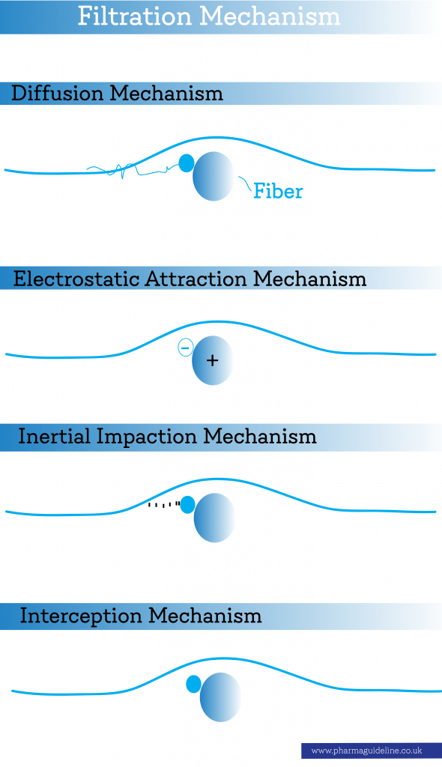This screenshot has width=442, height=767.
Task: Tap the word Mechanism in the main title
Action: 270,16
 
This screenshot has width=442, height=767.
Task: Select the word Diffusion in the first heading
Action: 57,93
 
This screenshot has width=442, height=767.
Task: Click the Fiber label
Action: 278,191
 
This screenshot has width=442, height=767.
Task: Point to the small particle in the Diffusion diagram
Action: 186,163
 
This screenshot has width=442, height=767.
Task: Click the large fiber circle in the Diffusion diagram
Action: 214,176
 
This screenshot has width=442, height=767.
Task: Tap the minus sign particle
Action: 185,348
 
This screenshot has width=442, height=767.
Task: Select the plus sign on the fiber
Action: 212,360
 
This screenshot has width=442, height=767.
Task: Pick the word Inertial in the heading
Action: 55,436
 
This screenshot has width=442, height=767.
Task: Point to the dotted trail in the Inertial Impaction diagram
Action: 164,504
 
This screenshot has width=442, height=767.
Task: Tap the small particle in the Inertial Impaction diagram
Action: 187,505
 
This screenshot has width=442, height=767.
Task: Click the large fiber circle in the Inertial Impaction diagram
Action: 214,518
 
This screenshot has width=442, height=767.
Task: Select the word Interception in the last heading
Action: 81,616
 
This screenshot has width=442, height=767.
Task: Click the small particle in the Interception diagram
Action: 194,685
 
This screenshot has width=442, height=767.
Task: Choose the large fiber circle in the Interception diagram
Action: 221,697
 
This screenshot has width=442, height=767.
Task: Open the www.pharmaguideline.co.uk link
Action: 366,751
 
